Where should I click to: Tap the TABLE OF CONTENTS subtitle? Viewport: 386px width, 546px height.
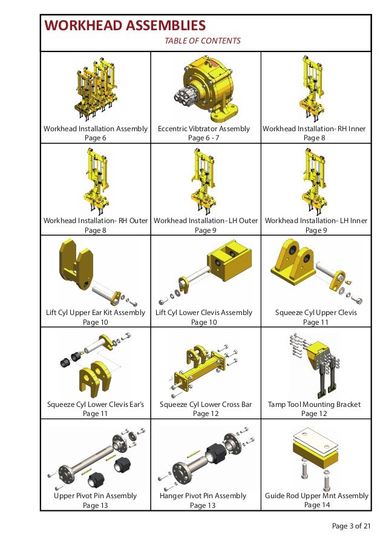coord(203,41)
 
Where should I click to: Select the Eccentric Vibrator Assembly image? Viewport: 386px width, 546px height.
coord(206,88)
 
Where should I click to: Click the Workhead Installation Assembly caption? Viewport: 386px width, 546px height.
coord(96,129)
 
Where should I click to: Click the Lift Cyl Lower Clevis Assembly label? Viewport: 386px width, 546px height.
coord(204,313)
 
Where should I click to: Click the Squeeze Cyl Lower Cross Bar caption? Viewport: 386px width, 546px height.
coord(206,404)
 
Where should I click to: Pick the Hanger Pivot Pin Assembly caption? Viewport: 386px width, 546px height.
coord(203,496)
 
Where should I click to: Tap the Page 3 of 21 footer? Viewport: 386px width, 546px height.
coord(351,525)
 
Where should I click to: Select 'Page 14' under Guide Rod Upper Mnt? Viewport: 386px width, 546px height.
coord(317,505)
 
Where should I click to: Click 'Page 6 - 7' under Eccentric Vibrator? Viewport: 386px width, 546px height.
coord(204,138)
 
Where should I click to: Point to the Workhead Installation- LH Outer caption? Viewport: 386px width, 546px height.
coord(206,221)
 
